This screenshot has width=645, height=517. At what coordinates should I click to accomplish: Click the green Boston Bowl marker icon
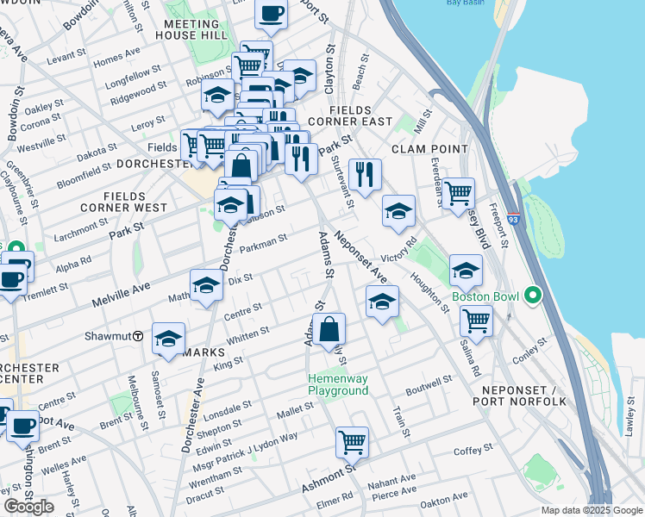pos(533,297)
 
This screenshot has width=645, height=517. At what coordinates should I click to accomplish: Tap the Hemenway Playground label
pos(338,385)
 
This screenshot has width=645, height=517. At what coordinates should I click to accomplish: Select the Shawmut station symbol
pos(138,336)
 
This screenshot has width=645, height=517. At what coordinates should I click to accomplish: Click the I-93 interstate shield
pos(514,220)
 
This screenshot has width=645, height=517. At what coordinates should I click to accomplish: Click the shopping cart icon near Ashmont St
pos(352,443)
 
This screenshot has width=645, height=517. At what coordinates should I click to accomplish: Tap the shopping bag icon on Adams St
pos(329,329)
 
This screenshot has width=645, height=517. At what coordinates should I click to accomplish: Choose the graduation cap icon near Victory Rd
pos(398,211)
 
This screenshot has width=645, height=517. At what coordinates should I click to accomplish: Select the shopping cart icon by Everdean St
pos(458,192)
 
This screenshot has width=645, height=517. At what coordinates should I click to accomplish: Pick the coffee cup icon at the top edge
pos(272,14)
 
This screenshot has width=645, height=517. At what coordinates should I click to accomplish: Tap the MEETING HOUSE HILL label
pos(191,29)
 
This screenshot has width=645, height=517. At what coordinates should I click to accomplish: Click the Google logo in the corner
pos(28,507)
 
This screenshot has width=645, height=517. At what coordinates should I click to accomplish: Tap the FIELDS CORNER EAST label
pos(360,116)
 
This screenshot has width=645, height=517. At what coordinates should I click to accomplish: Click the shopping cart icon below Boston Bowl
pos(476,321)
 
